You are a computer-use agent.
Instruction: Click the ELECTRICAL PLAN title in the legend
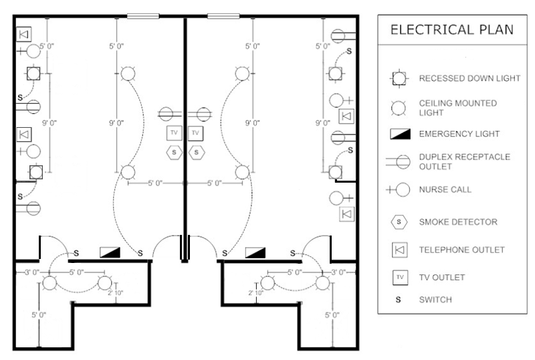(452, 29)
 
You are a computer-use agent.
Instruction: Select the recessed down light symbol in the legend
(399, 78)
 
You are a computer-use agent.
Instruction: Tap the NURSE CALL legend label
(445, 189)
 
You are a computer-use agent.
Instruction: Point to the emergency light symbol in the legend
(399, 134)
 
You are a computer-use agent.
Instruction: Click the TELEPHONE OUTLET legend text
(461, 250)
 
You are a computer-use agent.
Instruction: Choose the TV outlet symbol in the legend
(399, 277)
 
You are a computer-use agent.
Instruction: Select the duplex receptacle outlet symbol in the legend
(399, 161)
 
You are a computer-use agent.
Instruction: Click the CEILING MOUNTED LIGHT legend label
(457, 108)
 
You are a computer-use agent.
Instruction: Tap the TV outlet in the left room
(174, 133)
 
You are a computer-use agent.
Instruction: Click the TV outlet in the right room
(196, 133)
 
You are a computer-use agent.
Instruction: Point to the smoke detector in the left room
(174, 152)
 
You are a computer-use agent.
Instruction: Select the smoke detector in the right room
(196, 152)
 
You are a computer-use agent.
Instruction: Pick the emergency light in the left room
(110, 252)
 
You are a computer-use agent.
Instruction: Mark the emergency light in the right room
(255, 252)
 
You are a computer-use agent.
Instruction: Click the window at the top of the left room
(142, 15)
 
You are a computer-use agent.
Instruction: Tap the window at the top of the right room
(223, 15)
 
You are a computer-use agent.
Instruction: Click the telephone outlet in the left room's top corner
(25, 33)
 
